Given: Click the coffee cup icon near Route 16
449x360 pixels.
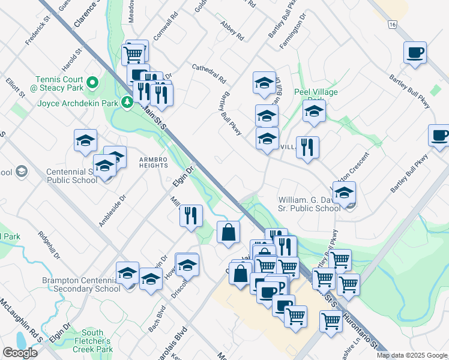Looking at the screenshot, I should pos(415,53).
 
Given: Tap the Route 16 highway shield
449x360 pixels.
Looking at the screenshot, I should pos(392,24).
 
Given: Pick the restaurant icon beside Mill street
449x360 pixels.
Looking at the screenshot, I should pos(191,215).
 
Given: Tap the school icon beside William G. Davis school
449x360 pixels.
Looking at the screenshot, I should pos(344,193).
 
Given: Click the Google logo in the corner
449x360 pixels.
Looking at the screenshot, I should pos(20,353).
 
